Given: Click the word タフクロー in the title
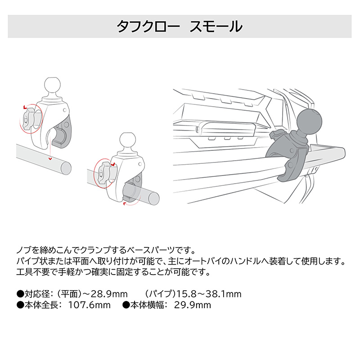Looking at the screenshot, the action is (148, 27).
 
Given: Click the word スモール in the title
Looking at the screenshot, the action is (216, 27).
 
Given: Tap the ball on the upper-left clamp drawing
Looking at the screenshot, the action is (53, 85).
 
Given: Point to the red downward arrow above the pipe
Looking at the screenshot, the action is (50, 158).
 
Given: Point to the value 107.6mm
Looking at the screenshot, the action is (89, 305).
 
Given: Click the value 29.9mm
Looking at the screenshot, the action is (193, 305).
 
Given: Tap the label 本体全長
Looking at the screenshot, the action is (41, 305).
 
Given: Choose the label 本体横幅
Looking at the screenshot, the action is (147, 305).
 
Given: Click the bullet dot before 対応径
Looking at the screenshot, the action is (20, 294).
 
